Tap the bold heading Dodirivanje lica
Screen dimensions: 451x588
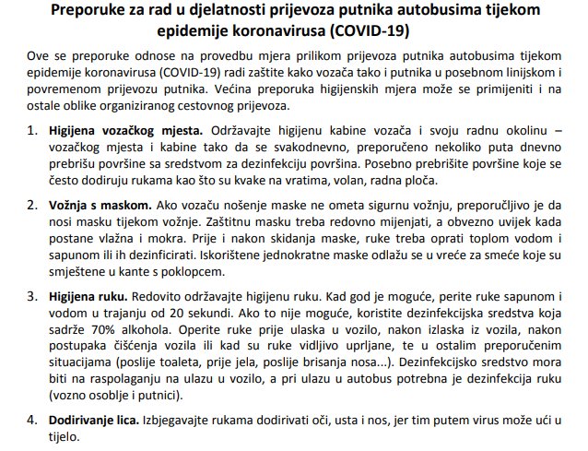click(x=95, y=420)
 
